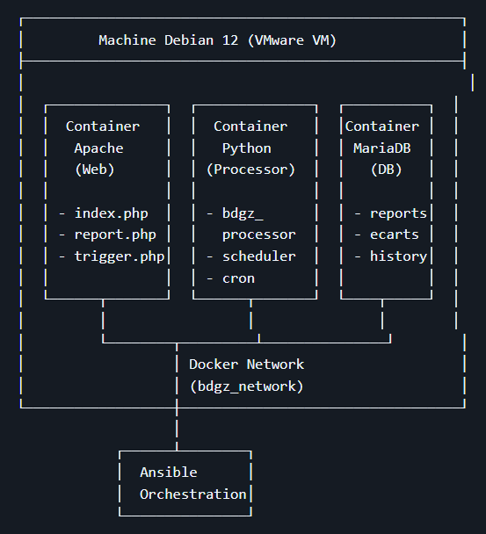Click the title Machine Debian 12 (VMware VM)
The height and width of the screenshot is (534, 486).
click(x=217, y=40)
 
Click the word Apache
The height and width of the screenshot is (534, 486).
click(x=98, y=148)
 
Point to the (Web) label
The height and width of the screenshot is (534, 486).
click(x=95, y=170)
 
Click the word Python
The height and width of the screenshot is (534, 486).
click(x=246, y=148)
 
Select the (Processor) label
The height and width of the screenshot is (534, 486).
click(x=250, y=170)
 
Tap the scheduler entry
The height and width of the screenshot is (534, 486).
click(x=258, y=256)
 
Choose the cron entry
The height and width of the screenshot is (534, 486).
click(x=239, y=278)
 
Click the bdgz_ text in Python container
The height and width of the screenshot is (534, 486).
click(x=241, y=213)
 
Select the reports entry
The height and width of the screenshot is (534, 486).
click(x=398, y=213)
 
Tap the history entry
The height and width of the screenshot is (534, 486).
click(x=398, y=256)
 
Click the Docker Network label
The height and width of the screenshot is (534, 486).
click(x=247, y=364)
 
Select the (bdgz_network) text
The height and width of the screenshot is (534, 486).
click(x=247, y=386)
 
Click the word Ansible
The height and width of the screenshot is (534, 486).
click(x=169, y=473)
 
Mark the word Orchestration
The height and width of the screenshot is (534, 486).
click(x=193, y=494)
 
